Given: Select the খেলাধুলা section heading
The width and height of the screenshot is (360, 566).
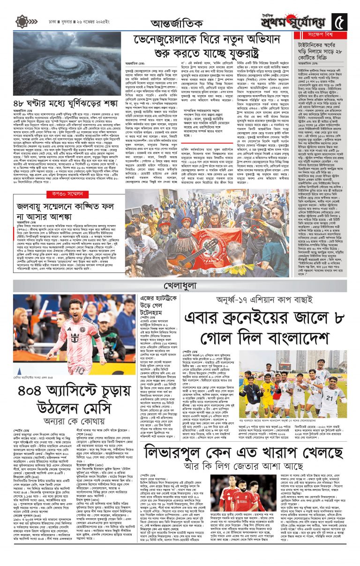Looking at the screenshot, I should (180, 285).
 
